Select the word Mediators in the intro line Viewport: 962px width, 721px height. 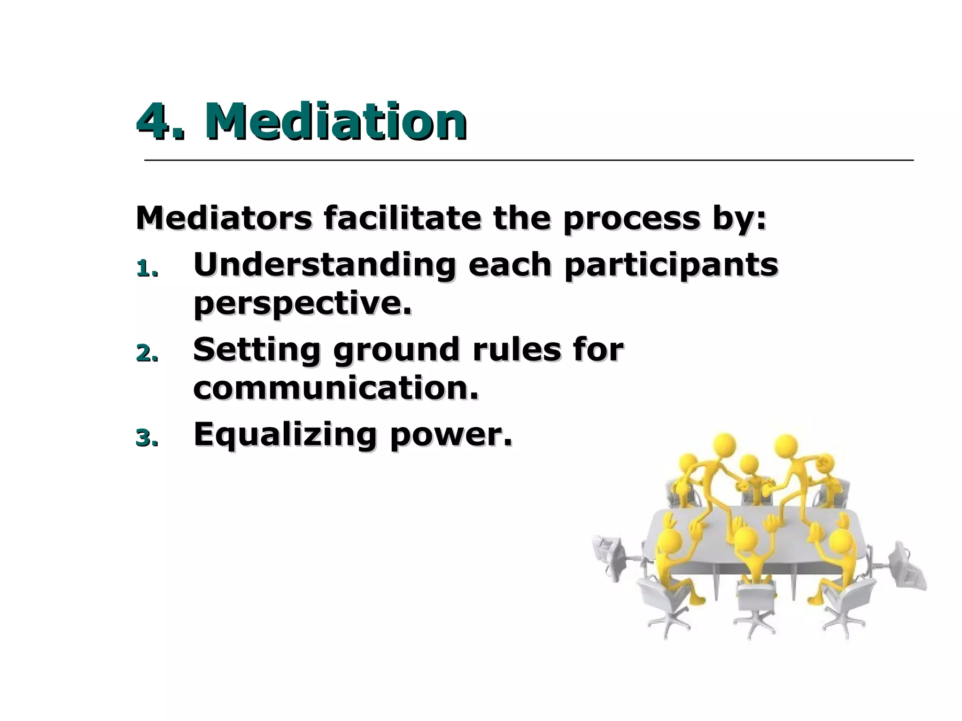(224, 218)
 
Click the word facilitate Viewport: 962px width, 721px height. (402, 218)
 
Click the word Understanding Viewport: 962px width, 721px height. (324, 265)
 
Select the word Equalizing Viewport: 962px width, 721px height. (285, 435)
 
